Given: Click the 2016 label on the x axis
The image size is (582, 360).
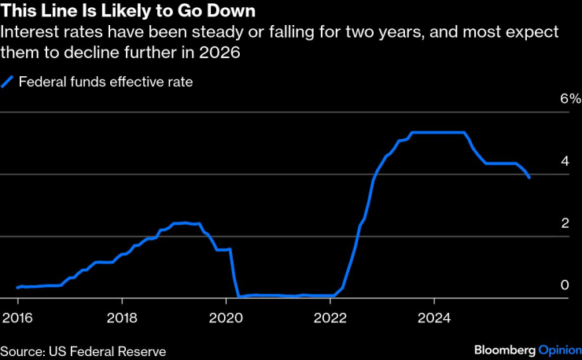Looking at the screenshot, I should click(x=18, y=318).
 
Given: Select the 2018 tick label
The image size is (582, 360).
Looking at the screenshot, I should click(x=122, y=318).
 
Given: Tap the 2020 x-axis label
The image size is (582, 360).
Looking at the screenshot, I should click(x=226, y=318).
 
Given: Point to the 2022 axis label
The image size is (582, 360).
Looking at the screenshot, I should click(x=330, y=318).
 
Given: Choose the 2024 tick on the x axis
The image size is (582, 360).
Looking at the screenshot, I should click(x=434, y=318).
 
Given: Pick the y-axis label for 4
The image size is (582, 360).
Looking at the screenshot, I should click(x=564, y=161).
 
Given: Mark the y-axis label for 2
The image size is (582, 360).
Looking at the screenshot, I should click(x=564, y=223).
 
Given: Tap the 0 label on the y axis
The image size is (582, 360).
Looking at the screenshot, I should click(x=564, y=285).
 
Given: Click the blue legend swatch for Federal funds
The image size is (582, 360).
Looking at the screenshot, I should click(x=9, y=81).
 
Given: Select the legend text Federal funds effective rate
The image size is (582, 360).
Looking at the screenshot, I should click(x=105, y=81).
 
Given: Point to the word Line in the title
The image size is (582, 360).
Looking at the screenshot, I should click(x=55, y=13).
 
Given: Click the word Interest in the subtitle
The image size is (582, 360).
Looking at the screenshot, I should click(x=28, y=33).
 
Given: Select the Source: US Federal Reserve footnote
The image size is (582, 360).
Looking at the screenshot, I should click(x=83, y=350).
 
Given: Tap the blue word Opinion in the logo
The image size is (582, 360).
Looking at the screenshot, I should click(x=559, y=350).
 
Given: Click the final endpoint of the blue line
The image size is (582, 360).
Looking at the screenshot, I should click(x=529, y=178).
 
